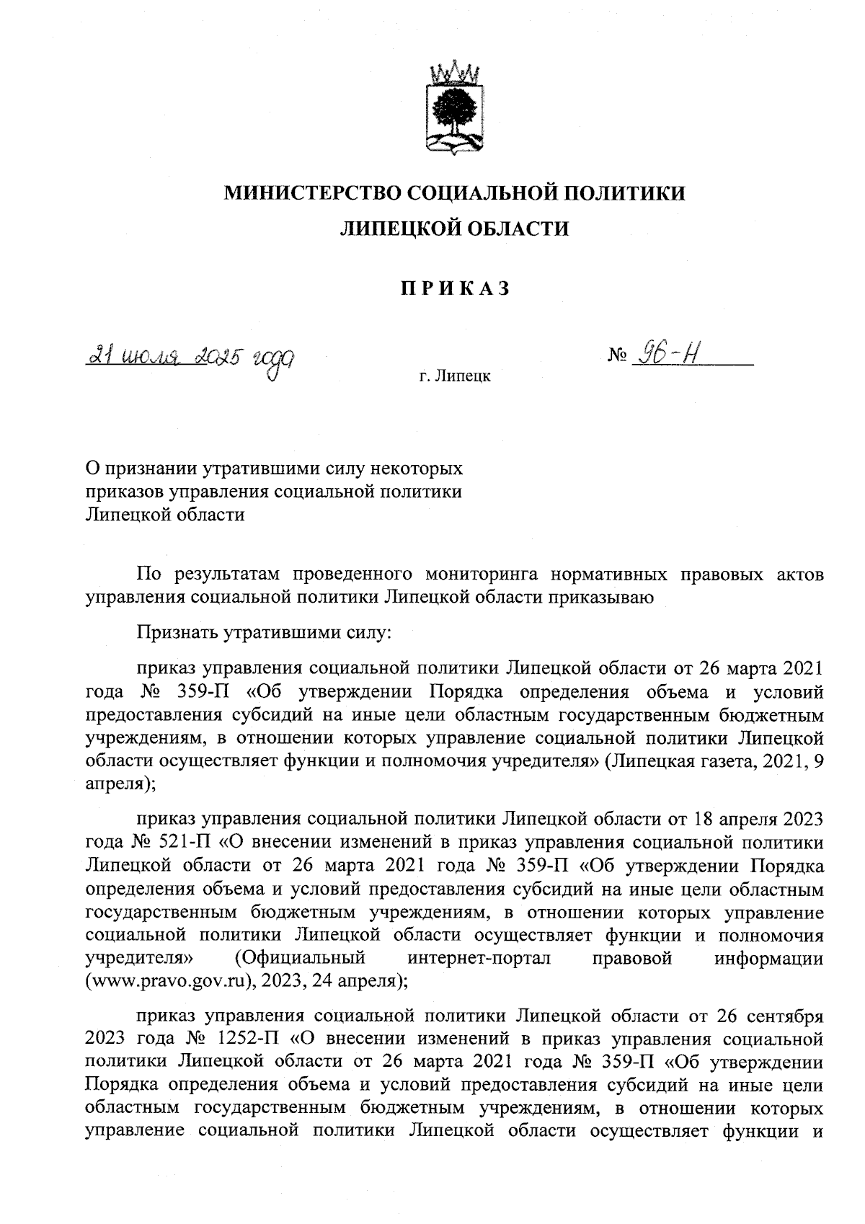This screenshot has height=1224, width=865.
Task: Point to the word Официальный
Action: pos(302,959)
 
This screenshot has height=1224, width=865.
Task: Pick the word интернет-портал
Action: pos(478,959)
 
